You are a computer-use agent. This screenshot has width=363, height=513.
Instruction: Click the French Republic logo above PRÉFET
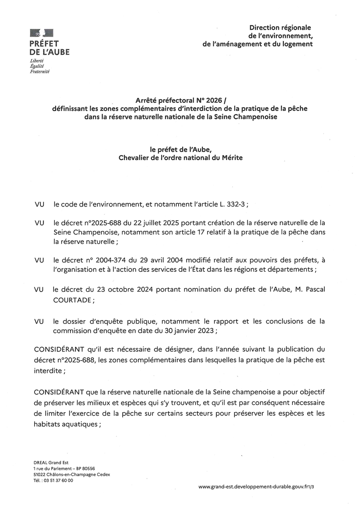[x=42, y=33]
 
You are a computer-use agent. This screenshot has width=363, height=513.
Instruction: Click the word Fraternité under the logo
[x=40, y=71]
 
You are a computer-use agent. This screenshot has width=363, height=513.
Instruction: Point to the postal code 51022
[x=40, y=475]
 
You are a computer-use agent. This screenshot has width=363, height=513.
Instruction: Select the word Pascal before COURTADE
[x=314, y=290]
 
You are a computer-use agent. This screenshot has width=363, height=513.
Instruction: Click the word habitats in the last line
[x=48, y=424]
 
